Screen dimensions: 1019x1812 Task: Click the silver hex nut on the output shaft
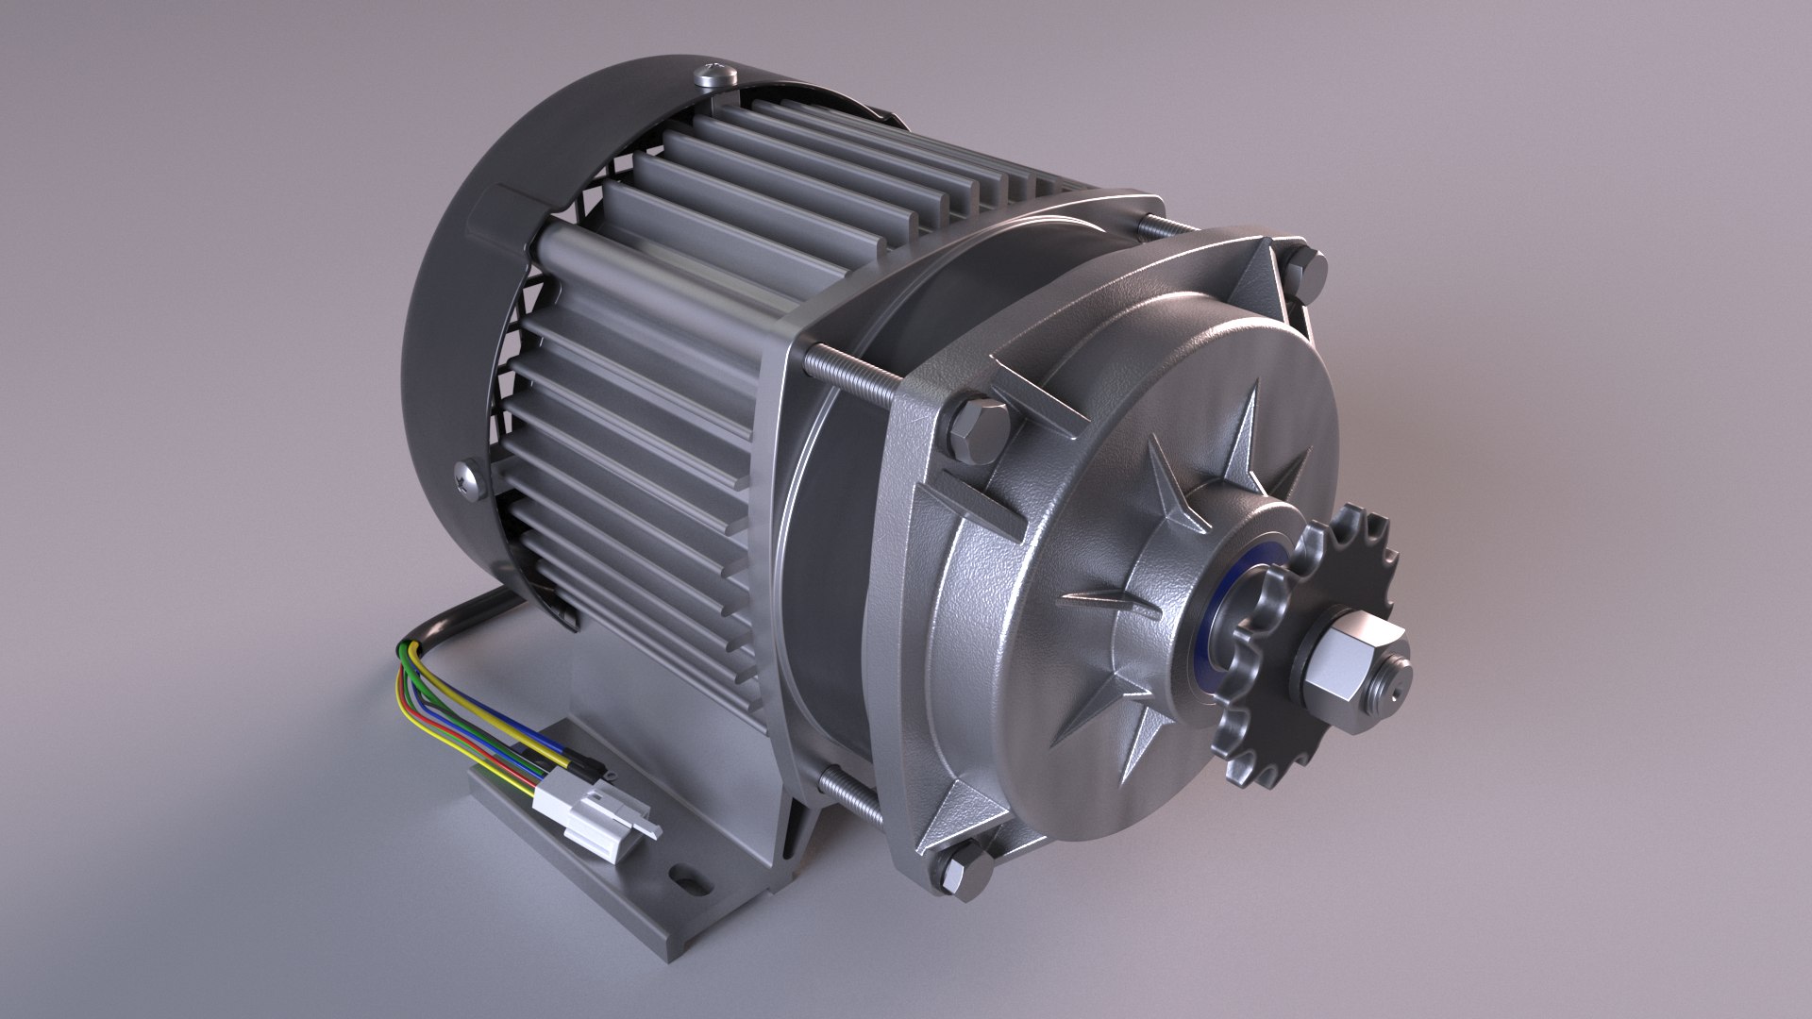coord(1340,661)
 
